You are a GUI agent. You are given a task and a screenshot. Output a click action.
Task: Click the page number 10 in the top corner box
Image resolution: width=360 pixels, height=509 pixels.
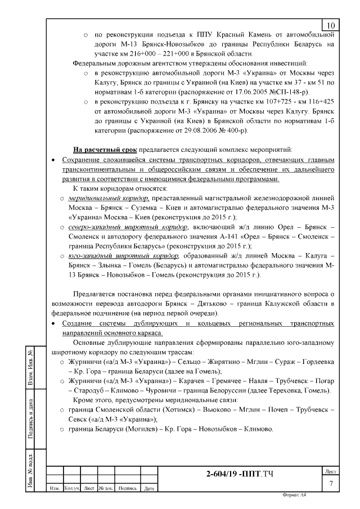pyautogui.click(x=330, y=25)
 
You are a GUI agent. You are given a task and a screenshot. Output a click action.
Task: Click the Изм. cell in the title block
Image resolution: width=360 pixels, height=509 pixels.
pyautogui.click(x=55, y=488)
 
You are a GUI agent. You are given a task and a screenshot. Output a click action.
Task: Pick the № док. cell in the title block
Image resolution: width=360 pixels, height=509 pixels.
pyautogui.click(x=106, y=488)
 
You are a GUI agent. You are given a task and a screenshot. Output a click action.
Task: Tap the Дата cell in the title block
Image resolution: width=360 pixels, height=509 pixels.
pyautogui.click(x=149, y=488)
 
